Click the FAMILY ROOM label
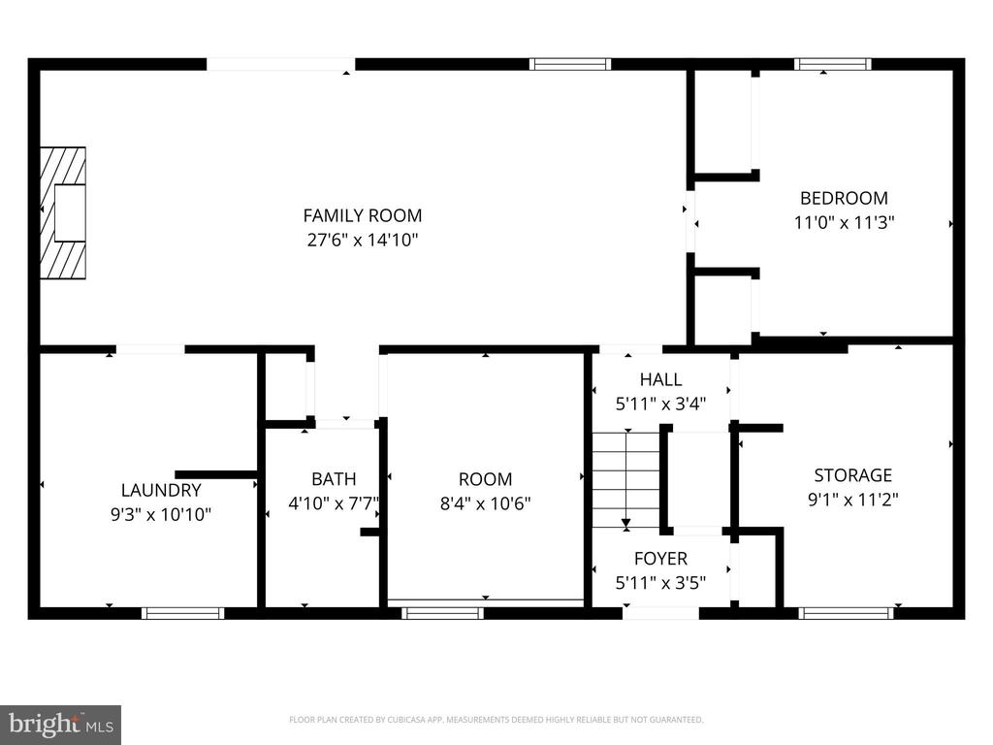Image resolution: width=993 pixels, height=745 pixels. [363, 216]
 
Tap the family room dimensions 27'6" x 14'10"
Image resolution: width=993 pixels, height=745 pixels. [363, 241]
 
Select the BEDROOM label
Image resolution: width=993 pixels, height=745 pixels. [844, 198]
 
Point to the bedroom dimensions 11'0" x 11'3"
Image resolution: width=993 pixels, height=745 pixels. [844, 222]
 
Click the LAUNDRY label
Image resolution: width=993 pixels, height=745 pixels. [161, 490]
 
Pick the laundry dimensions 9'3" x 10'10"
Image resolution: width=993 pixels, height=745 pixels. [161, 514]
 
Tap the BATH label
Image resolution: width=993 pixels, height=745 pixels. [334, 479]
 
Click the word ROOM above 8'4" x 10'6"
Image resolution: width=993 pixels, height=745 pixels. [485, 479]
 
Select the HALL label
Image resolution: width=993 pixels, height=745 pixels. [660, 379]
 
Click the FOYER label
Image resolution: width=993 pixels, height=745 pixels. [660, 558]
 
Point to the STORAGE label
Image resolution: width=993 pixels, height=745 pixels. [852, 475]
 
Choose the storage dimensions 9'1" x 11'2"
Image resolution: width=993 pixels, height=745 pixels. [852, 500]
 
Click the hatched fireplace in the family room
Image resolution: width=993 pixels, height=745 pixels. [63, 212]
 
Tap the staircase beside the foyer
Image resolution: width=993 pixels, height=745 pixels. [626, 479]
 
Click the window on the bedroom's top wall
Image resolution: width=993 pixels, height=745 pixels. [832, 64]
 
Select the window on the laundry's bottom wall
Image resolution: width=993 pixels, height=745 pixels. [182, 613]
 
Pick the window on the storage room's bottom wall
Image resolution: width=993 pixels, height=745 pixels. [846, 613]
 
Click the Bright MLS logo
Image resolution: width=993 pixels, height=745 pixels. [61, 724]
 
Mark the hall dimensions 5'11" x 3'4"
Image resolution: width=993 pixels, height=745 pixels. [660, 404]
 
